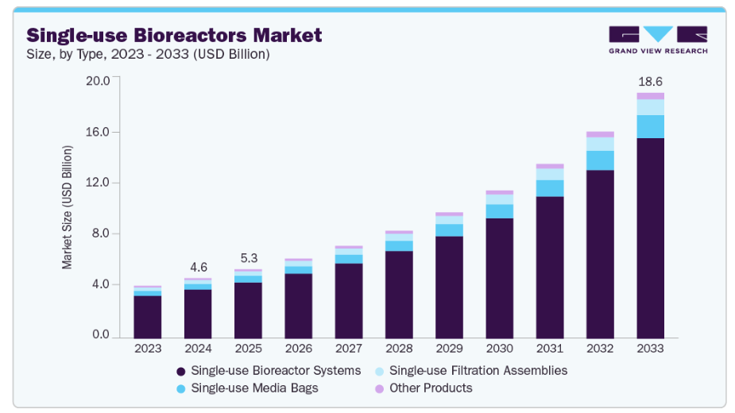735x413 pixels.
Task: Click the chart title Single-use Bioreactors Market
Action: click(174, 35)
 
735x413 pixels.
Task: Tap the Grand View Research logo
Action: click(657, 40)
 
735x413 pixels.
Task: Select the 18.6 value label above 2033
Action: click(650, 82)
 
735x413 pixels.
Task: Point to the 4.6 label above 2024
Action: click(198, 266)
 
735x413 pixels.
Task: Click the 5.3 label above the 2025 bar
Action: click(248, 258)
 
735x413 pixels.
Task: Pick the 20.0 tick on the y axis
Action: click(98, 81)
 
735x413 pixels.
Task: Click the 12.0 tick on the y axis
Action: click(98, 183)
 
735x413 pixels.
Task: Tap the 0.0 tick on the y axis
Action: click(101, 335)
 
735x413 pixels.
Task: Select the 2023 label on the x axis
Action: click(148, 349)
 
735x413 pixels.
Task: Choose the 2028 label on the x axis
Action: click(399, 349)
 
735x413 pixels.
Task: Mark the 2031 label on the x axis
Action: click(550, 349)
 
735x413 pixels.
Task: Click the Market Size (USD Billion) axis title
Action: click(68, 207)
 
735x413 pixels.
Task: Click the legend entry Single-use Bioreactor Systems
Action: click(269, 371)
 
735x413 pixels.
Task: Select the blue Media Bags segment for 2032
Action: click(600, 160)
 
